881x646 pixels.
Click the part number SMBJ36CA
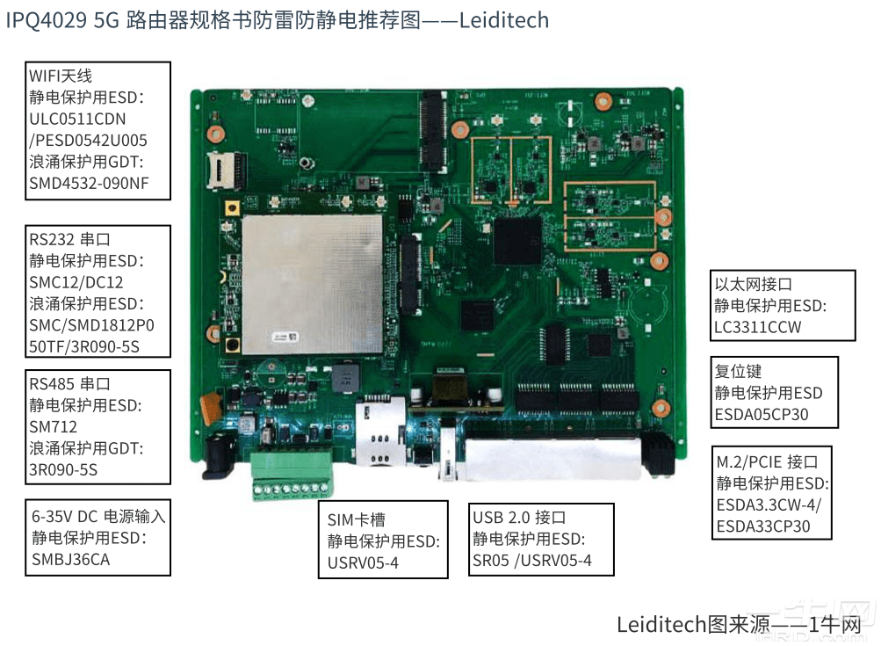pos(71,559)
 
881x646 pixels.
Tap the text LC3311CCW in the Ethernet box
pos(758,327)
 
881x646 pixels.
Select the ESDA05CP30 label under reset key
pos(762,414)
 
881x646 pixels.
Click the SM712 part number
pos(54,426)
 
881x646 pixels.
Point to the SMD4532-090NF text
pos(88,183)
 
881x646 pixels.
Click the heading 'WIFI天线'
pos(61,76)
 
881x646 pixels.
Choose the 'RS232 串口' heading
pos(70,239)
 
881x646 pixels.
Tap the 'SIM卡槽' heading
pos(357,520)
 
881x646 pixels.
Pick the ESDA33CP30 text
pos(763,526)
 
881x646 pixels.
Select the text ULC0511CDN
pos(78,119)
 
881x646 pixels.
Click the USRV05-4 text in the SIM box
pos(364,563)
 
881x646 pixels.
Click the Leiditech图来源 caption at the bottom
pos(693,625)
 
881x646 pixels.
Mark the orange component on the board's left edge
pos(209,405)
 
